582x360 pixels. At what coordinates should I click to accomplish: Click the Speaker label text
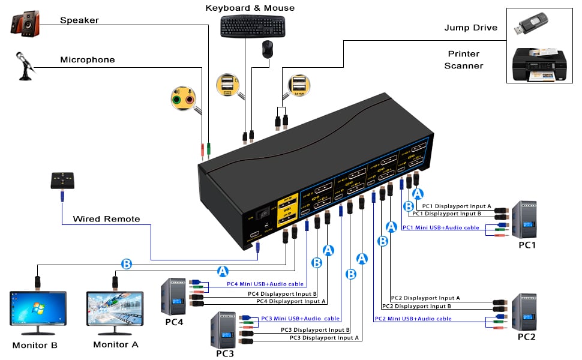click(79, 20)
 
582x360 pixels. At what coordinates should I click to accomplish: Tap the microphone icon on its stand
click(25, 68)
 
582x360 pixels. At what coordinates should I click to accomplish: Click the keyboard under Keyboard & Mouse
click(252, 26)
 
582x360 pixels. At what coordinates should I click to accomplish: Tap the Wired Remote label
click(106, 219)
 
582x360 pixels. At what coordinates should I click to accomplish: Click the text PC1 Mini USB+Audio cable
click(440, 227)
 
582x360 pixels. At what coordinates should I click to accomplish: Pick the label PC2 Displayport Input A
click(425, 298)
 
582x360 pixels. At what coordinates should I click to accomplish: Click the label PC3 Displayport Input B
click(316, 329)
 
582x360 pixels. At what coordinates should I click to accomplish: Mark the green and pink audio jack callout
click(184, 98)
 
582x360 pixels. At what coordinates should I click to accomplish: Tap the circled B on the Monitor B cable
click(127, 263)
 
